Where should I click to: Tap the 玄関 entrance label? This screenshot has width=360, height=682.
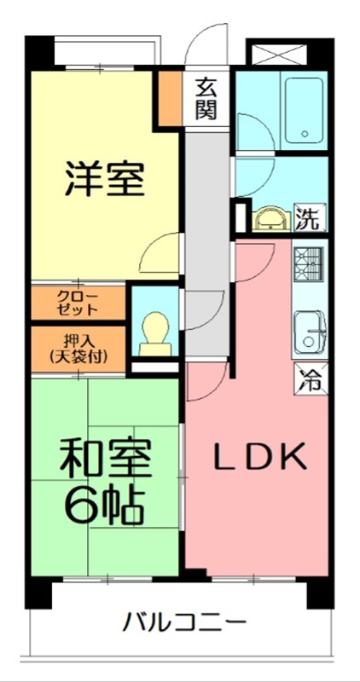pos(206,97)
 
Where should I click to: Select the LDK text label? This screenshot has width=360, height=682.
pos(258,457)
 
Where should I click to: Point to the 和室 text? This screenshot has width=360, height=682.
pos(106,461)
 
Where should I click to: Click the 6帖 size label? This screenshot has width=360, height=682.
pos(106,507)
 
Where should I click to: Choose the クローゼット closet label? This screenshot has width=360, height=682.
pos(78,303)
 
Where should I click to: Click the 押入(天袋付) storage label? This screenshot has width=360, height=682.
pos(78,348)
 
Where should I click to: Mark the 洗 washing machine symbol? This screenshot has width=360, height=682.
pos(309,218)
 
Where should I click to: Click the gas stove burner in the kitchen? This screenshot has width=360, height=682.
pos(309,263)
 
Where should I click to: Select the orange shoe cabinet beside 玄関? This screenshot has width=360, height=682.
pos(168,98)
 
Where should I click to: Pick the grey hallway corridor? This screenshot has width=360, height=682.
pos(205,239)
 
